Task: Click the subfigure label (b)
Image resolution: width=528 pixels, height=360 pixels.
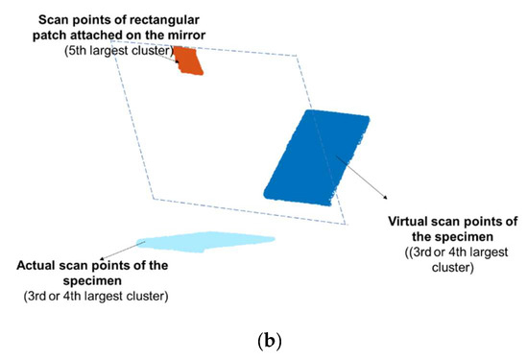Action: tap(263, 339)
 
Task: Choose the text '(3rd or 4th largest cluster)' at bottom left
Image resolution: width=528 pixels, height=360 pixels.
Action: tap(95, 295)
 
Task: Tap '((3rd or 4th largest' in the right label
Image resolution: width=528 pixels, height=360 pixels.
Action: tap(436, 252)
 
